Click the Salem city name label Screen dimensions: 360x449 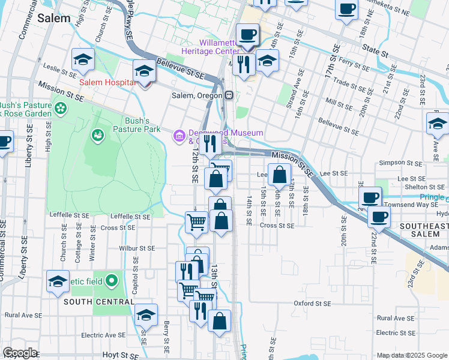click(54, 18)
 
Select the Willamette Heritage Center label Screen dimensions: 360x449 click(228, 47)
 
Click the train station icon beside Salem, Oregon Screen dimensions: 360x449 click(229, 95)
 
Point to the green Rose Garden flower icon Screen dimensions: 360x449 click(60, 109)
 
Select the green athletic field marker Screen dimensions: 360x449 click(111, 280)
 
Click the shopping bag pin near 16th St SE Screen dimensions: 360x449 click(280, 176)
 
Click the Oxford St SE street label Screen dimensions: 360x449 click(312, 304)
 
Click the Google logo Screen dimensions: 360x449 click(20, 353)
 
